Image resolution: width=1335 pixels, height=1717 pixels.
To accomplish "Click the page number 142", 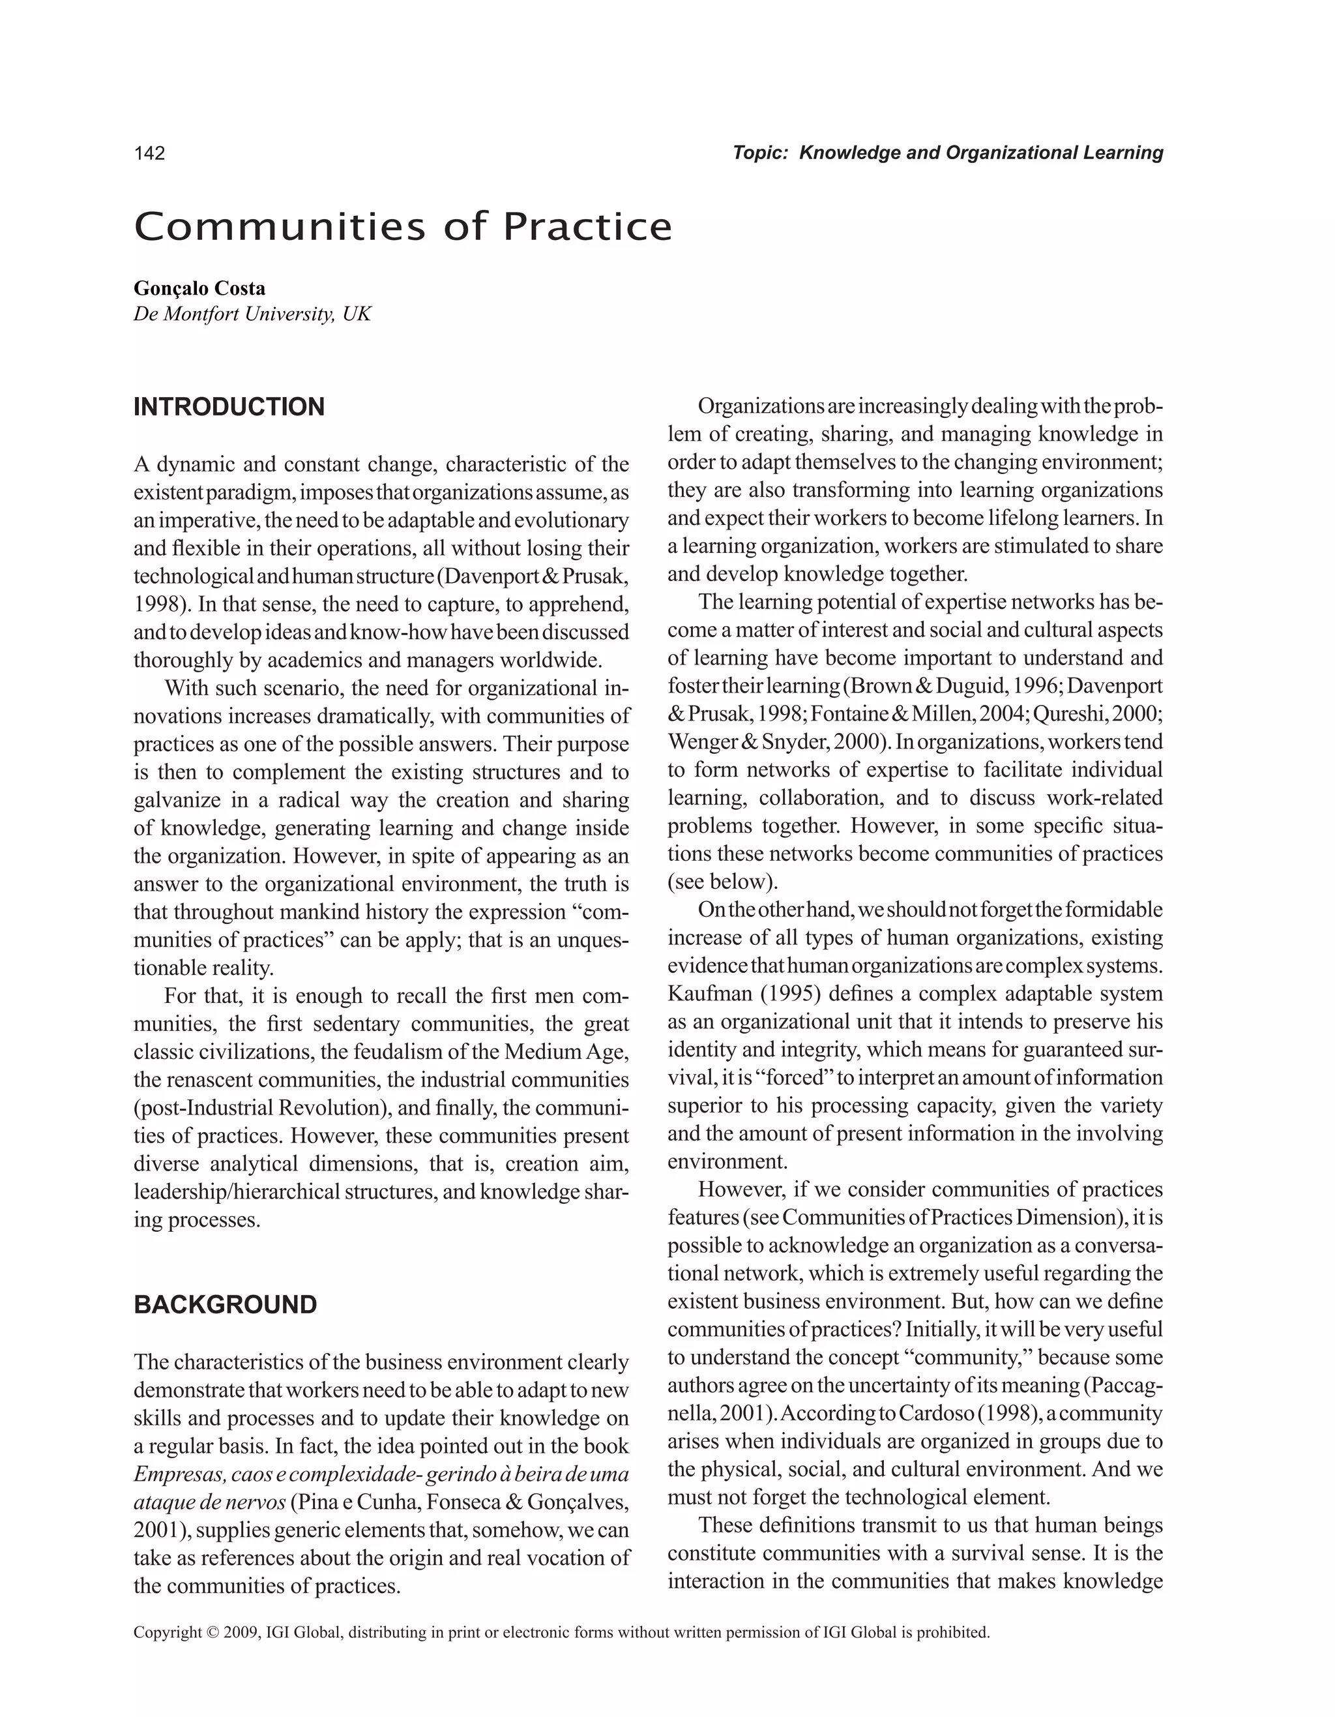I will point(149,153).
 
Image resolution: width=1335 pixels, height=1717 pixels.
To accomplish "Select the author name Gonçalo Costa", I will point(199,288).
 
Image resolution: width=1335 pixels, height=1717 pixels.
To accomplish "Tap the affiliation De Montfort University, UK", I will point(252,314).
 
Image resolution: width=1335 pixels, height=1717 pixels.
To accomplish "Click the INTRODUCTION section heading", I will point(229,407).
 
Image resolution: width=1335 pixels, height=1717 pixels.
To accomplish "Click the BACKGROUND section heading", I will point(225,1304).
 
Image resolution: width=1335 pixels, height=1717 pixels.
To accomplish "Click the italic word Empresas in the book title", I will point(173,1474).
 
